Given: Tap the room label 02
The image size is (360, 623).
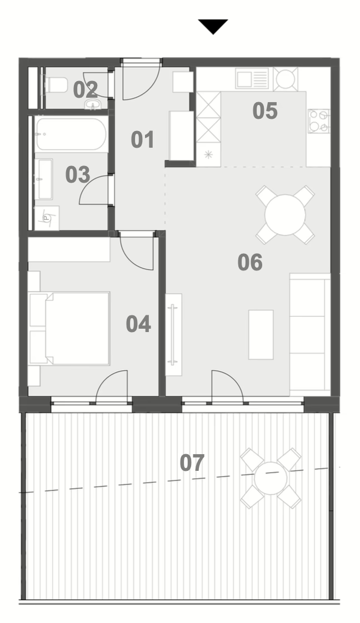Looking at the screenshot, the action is tap(86, 90).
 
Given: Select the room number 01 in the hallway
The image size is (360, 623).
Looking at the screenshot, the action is tap(143, 140).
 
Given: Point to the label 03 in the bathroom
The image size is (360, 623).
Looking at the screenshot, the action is tap(77, 175).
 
